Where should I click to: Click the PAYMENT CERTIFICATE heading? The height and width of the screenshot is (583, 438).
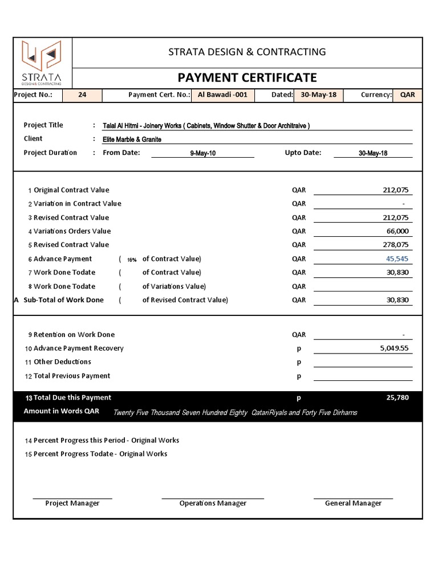[247, 77]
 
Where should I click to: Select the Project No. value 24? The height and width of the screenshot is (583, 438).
[82, 95]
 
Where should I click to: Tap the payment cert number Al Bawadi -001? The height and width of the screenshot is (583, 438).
[222, 95]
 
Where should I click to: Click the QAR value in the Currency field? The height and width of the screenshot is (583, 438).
[407, 95]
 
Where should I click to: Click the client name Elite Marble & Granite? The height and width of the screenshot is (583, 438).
[132, 139]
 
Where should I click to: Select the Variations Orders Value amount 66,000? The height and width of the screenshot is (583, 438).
[398, 231]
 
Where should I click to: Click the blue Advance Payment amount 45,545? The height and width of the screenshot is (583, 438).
[397, 258]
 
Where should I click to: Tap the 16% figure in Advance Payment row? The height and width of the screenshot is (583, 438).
[132, 260]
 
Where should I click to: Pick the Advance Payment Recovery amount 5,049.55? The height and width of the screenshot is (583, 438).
[394, 348]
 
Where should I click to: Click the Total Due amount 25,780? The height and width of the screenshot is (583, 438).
[397, 398]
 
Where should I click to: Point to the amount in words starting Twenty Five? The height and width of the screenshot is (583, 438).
[235, 412]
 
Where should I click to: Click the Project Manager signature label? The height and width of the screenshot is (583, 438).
[72, 503]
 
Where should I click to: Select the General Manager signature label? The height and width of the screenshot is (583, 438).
[353, 503]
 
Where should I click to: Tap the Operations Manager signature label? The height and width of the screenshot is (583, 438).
[213, 503]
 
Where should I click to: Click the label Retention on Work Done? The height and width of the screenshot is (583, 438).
[74, 335]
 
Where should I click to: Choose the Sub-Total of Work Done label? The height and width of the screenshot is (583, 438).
[63, 300]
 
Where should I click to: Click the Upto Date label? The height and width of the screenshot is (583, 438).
[303, 153]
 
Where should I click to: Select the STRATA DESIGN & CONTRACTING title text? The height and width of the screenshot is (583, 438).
[247, 52]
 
